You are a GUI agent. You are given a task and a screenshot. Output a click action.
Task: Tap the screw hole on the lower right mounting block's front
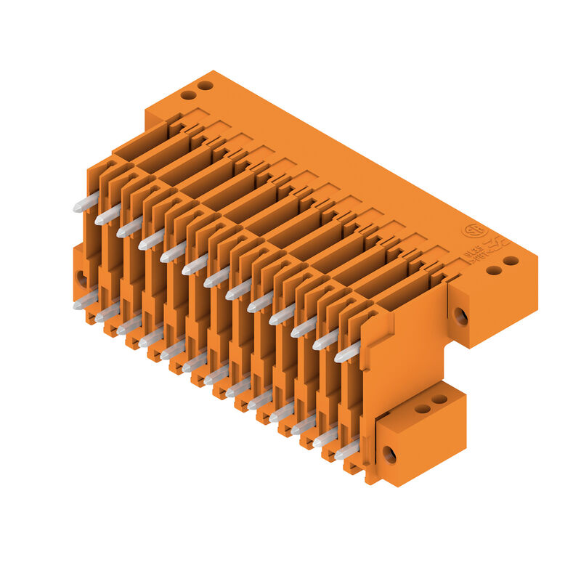[389, 455]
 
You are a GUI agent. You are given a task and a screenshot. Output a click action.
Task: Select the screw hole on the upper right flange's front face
[460, 316]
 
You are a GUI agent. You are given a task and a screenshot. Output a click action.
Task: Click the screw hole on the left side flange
[81, 278]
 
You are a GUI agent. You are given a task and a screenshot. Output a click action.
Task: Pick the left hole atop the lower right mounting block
[422, 409]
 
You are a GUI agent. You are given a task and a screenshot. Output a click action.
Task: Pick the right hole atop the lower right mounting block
[439, 399]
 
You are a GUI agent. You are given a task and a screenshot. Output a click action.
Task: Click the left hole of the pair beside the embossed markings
[494, 270]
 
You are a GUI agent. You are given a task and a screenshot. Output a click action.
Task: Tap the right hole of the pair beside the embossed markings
[511, 261]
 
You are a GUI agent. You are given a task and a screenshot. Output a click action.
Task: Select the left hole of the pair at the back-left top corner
[188, 94]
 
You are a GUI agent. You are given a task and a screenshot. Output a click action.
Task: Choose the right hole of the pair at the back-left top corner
[206, 85]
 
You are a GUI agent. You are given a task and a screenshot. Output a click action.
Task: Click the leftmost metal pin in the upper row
[86, 203]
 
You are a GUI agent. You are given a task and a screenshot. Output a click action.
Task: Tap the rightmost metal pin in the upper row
[347, 352]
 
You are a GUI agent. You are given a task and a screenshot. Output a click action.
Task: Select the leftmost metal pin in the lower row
[85, 300]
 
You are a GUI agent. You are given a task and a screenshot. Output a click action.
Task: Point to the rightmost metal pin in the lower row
[346, 450]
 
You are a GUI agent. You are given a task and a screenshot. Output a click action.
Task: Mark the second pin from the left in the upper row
[107, 215]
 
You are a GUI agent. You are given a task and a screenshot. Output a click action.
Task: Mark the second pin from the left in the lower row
[107, 312]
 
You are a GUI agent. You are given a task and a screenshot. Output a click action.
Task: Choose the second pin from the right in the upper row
[325, 340]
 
